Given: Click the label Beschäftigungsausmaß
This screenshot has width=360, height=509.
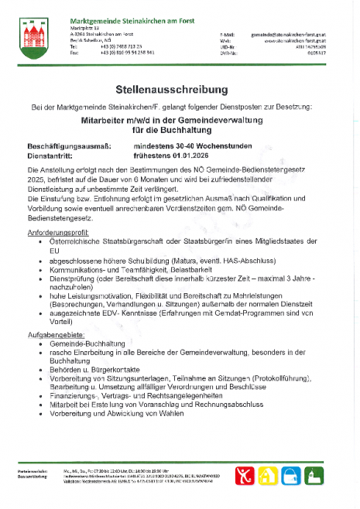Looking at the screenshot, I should click(68, 145).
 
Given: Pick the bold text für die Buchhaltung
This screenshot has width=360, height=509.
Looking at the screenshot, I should click(180, 130).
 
